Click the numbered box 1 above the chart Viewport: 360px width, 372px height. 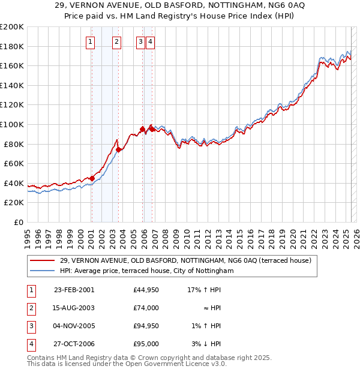[x=90, y=41]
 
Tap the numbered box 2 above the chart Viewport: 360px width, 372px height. [x=116, y=41]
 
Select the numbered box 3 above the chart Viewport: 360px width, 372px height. [x=140, y=41]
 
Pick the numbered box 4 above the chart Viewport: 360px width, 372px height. [x=149, y=41]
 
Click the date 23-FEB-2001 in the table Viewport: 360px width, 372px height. [x=74, y=290]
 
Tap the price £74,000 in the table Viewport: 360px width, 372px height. [x=146, y=308]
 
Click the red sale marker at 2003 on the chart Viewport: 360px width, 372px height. [x=119, y=150]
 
